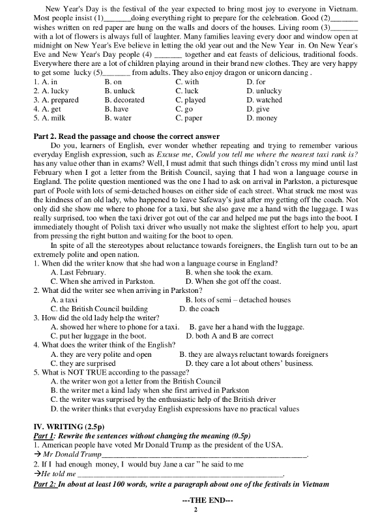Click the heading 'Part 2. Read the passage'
81,136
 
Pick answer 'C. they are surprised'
83,363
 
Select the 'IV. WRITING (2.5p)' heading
68,426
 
